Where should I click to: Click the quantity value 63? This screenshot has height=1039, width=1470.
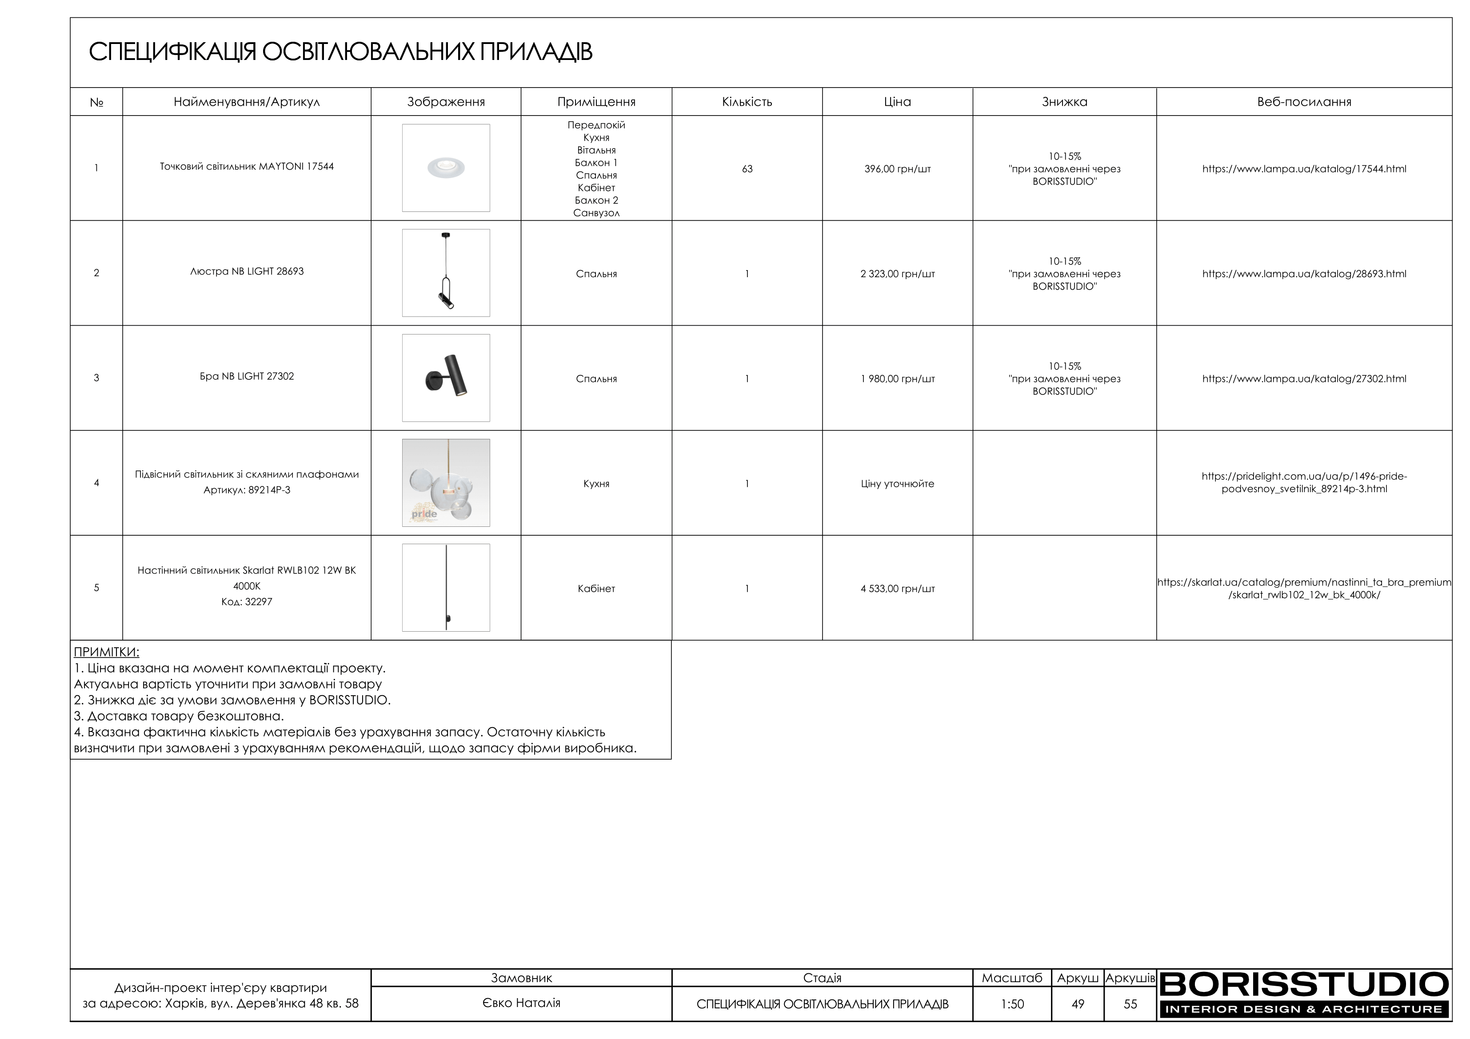(747, 169)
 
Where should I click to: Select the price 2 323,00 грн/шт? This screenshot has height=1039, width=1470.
(897, 274)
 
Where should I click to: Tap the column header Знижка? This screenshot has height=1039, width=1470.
(1064, 102)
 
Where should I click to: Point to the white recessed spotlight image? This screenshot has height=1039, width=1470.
(446, 168)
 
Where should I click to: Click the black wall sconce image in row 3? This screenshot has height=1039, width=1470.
(446, 378)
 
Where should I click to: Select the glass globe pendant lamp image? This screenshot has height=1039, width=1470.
(446, 483)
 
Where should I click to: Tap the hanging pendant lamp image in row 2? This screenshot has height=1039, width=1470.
(446, 273)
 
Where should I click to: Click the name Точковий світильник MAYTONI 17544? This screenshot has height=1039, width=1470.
(247, 167)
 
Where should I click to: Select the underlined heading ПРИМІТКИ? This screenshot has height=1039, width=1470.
(106, 653)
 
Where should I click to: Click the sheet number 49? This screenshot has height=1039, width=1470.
(1078, 1004)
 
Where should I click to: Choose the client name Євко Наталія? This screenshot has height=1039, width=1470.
(521, 1003)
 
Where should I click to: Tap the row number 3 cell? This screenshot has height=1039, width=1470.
(97, 378)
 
